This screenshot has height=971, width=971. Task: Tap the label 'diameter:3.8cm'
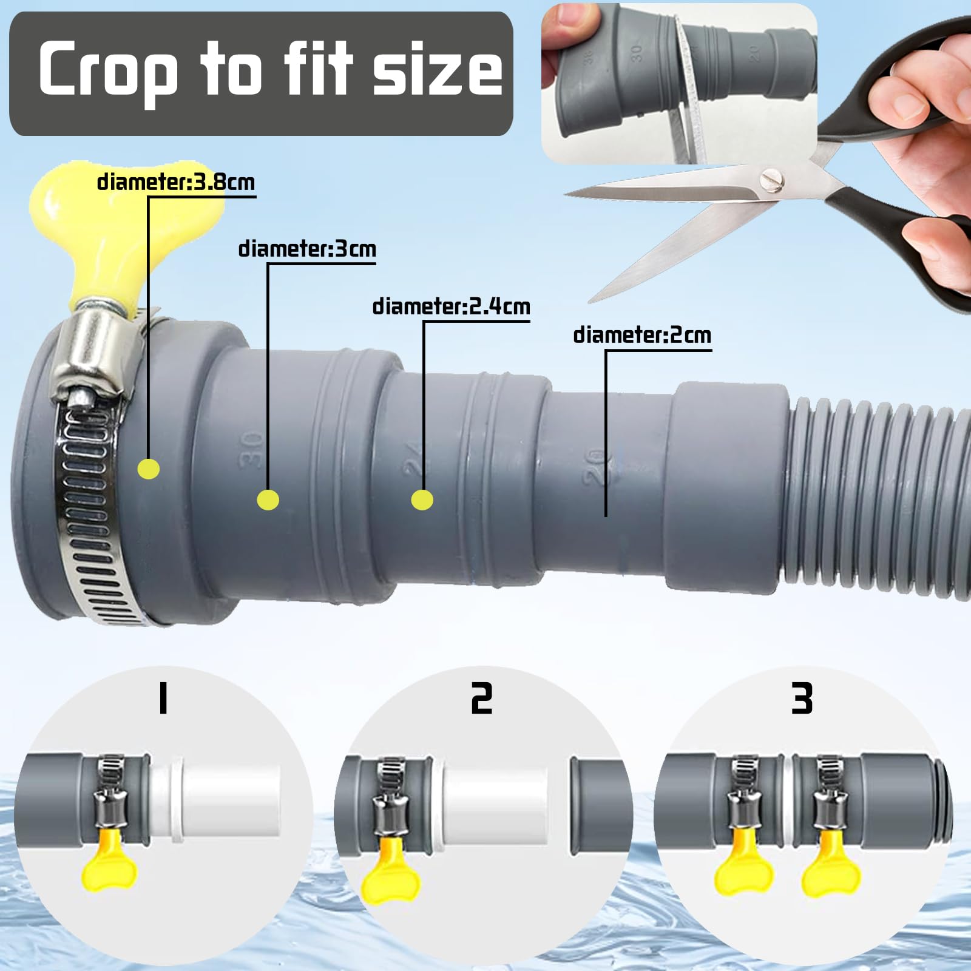(176, 182)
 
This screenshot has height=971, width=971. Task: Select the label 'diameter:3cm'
(307, 249)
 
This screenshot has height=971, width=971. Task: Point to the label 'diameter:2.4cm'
(452, 306)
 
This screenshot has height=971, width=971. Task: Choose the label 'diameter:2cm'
(642, 335)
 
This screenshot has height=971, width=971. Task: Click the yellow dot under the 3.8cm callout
(149, 469)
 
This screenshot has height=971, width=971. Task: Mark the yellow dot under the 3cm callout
(268, 500)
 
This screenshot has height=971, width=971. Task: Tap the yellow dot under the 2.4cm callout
(422, 500)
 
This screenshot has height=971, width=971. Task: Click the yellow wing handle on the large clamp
(91, 237)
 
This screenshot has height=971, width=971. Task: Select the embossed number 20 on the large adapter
(597, 466)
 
